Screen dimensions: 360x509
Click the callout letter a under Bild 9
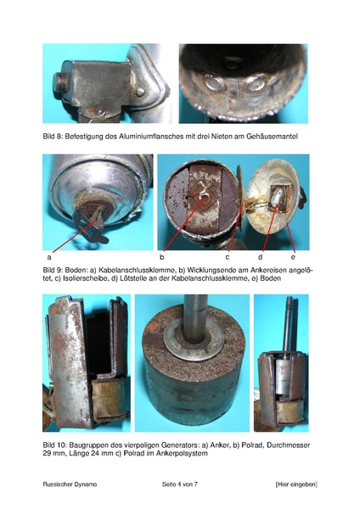[49, 257]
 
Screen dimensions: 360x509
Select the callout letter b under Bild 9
[162, 257]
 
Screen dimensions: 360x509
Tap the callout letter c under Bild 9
[228, 257]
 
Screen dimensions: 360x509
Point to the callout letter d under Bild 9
[261, 257]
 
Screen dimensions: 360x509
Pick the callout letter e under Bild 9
[293, 257]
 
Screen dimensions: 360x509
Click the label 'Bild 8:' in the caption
[53, 137]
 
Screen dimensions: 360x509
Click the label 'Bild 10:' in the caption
[54, 445]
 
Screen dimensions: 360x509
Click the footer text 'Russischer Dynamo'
[70, 484]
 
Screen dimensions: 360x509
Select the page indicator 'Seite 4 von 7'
[180, 484]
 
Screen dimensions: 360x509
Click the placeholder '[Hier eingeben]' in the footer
[296, 484]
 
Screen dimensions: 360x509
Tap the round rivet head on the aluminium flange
[140, 92]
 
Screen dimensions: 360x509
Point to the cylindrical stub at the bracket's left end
[61, 83]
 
